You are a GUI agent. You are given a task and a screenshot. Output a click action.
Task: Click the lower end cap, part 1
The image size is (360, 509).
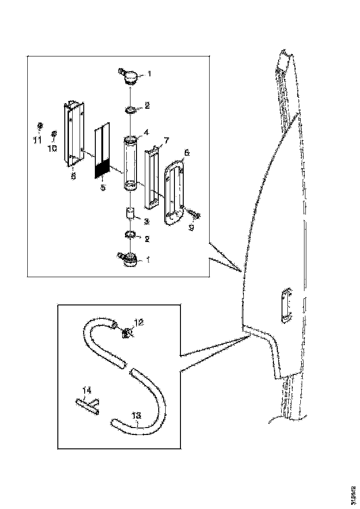tap(130, 260)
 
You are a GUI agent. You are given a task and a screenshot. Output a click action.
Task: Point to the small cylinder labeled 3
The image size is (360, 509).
tap(130, 215)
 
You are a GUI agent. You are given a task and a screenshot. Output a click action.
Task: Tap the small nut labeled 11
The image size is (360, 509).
tap(40, 125)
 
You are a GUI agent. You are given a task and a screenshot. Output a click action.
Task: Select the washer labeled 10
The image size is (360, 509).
tap(54, 133)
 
